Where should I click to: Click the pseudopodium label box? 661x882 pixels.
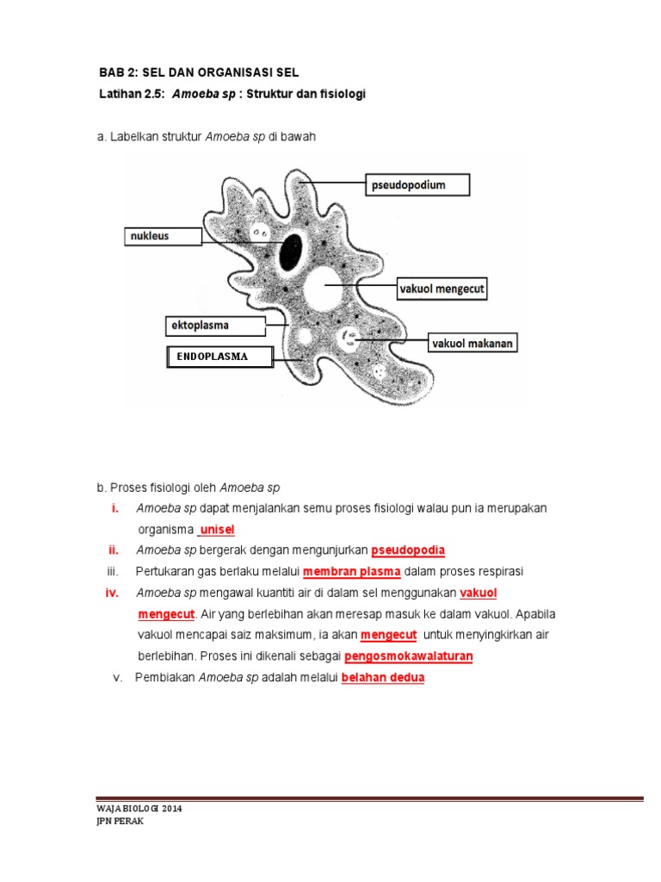[418, 185]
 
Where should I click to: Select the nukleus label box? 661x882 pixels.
[164, 235]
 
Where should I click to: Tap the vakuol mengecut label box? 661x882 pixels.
[442, 289]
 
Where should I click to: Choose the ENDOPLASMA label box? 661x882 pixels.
[219, 357]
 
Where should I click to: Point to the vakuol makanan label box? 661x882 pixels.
[473, 343]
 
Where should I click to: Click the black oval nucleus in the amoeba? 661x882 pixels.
[291, 251]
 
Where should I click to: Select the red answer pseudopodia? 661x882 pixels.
[408, 550]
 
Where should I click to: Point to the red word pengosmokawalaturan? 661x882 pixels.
[409, 656]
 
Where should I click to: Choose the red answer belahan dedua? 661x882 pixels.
[383, 678]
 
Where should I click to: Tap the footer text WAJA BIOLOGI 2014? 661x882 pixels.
[139, 810]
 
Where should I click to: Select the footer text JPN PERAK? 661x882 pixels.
[120, 822]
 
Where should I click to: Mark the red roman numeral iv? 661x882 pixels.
[112, 593]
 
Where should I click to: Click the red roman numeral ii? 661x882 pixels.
[113, 550]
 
